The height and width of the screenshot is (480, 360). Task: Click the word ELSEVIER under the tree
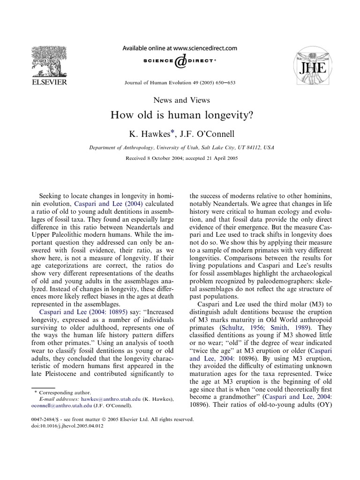[48, 82]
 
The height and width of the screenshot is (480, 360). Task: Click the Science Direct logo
[180, 61]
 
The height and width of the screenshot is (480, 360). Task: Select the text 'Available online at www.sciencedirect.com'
[180, 48]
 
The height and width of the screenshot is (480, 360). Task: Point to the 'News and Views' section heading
[181, 100]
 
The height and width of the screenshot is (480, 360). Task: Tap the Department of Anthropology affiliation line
[181, 148]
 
